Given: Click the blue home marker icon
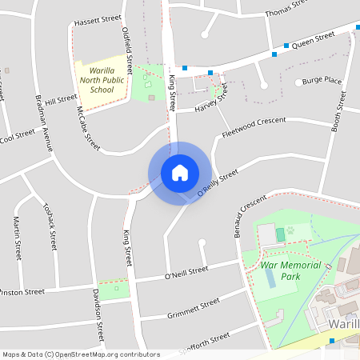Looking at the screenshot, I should (x=180, y=172).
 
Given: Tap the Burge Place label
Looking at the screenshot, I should (x=322, y=81).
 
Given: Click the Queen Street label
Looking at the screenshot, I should (x=313, y=39).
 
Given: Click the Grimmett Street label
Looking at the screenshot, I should (x=194, y=307).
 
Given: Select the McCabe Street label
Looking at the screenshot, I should (x=88, y=128).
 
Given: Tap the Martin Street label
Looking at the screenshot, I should (x=16, y=238).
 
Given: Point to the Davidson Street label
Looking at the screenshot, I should (x=98, y=314).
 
